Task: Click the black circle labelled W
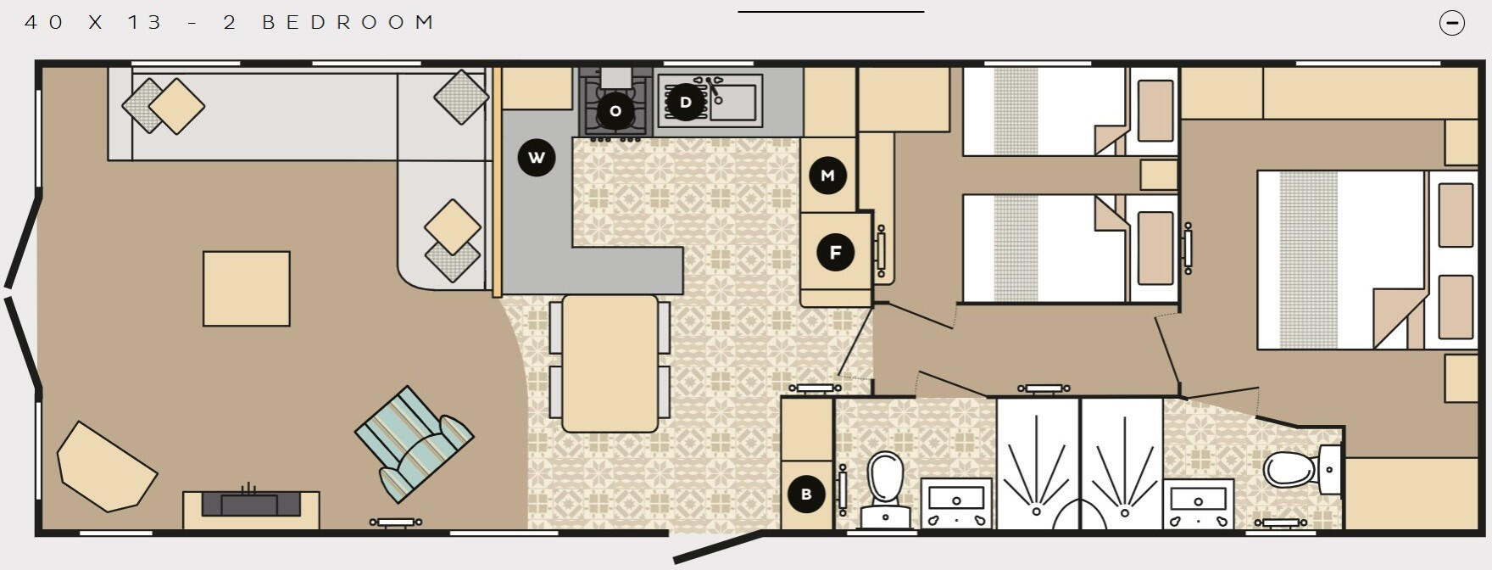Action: (536, 157)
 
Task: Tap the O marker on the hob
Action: (615, 110)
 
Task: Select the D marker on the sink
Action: (685, 103)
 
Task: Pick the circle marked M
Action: (827, 176)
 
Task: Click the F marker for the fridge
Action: (835, 252)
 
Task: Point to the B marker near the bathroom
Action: (806, 494)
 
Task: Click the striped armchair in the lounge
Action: (414, 444)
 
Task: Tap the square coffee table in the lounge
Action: (247, 288)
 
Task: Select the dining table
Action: (610, 363)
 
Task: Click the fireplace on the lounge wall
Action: (251, 504)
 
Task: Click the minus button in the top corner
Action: (1452, 23)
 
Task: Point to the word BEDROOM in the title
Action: (348, 23)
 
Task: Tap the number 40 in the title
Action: (44, 23)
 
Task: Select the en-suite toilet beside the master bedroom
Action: (1297, 469)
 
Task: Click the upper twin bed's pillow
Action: (1155, 111)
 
